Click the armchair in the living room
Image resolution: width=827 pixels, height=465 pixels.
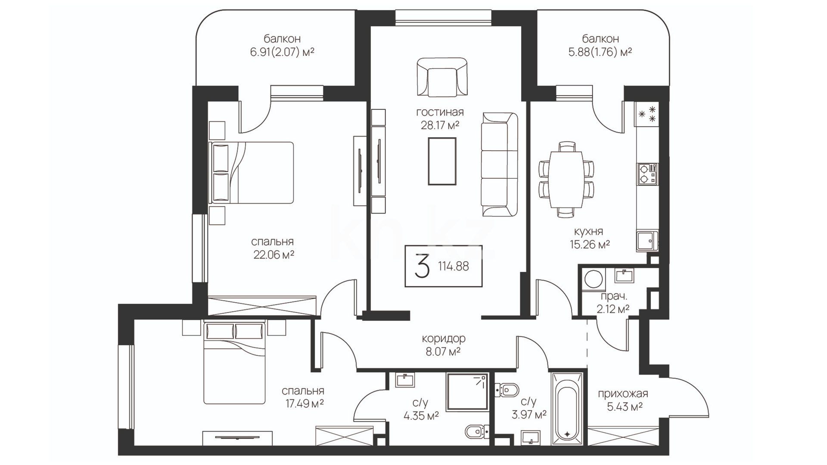442,77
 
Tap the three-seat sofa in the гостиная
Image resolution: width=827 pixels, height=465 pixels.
500,164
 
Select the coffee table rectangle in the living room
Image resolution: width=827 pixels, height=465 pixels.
442,161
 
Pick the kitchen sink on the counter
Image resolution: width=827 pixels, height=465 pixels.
647,240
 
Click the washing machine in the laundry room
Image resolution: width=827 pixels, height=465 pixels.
593,279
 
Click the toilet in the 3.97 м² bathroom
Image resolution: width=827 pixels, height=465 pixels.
508,391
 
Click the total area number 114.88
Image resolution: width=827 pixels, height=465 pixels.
454,266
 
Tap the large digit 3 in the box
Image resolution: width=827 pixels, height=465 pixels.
422,266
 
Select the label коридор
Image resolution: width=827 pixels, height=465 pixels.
444,338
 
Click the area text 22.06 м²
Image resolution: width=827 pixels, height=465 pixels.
274,255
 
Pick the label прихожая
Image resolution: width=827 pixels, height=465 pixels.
623,394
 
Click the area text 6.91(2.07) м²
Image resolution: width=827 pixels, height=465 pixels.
282,52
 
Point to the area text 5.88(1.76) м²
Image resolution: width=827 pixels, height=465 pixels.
600,52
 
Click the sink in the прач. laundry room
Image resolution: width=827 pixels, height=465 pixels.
624,276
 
